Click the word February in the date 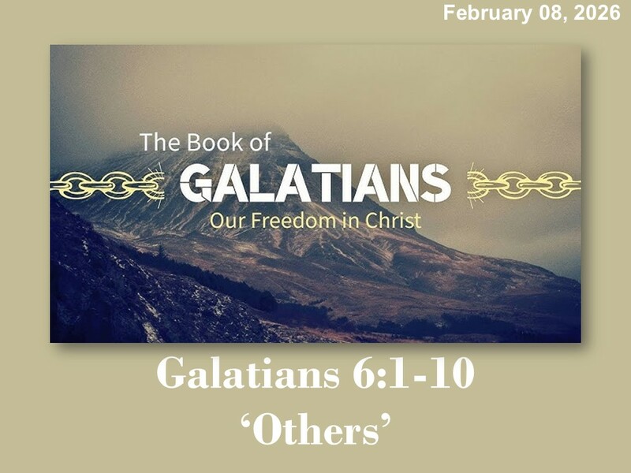(479, 13)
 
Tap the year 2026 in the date (600, 13)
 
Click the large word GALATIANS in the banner (315, 184)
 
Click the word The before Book (157, 143)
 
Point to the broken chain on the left (106, 186)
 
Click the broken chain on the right (524, 186)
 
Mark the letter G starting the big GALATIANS (196, 184)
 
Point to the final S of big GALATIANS (435, 184)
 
